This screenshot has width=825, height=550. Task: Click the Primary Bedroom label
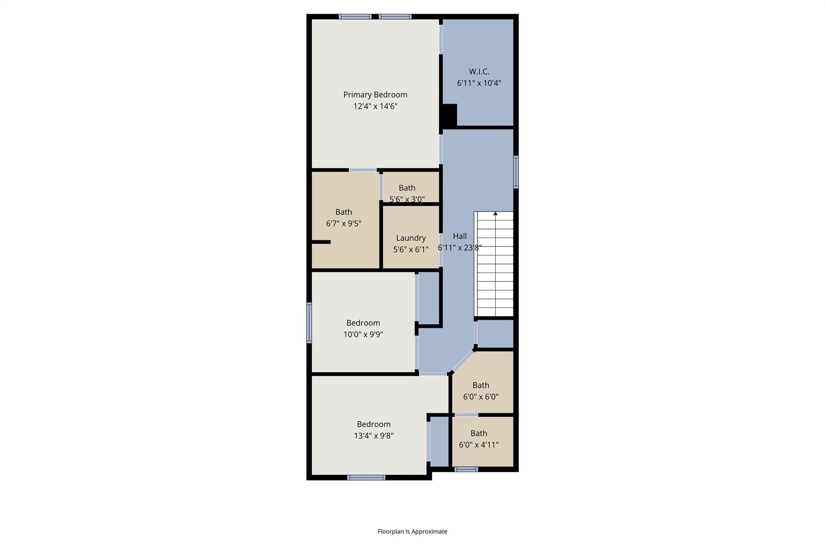coord(375,95)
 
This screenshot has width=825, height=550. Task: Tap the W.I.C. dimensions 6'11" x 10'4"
coord(479,83)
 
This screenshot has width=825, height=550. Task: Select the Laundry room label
coord(410,238)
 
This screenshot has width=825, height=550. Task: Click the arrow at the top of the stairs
coord(495,214)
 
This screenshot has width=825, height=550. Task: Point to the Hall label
coord(460,236)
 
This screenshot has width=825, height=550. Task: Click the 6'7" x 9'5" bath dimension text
coord(343,224)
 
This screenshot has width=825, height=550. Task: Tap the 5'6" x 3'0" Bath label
coord(407,188)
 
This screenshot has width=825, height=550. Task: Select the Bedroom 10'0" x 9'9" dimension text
coord(363,334)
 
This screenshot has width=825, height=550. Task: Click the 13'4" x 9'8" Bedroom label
coord(373,424)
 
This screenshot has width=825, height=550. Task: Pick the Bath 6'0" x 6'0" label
coord(481,385)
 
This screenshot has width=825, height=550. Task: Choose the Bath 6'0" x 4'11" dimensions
coord(479,445)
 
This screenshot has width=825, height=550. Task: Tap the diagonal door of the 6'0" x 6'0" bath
coord(463,361)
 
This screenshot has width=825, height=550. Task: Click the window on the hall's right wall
coord(516,172)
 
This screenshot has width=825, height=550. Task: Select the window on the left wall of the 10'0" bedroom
coord(309,323)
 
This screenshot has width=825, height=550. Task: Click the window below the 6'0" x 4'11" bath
coord(466,469)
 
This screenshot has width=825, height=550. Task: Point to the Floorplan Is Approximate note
coord(412,531)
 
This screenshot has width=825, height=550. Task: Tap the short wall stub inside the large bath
coord(321,242)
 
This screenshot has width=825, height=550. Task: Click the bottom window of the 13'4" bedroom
coord(366,478)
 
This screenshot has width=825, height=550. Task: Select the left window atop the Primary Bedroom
coord(354,17)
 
